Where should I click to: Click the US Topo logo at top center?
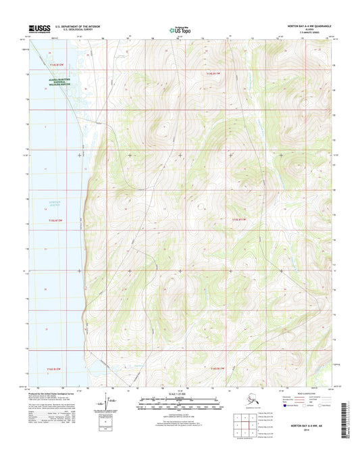[180, 30]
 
